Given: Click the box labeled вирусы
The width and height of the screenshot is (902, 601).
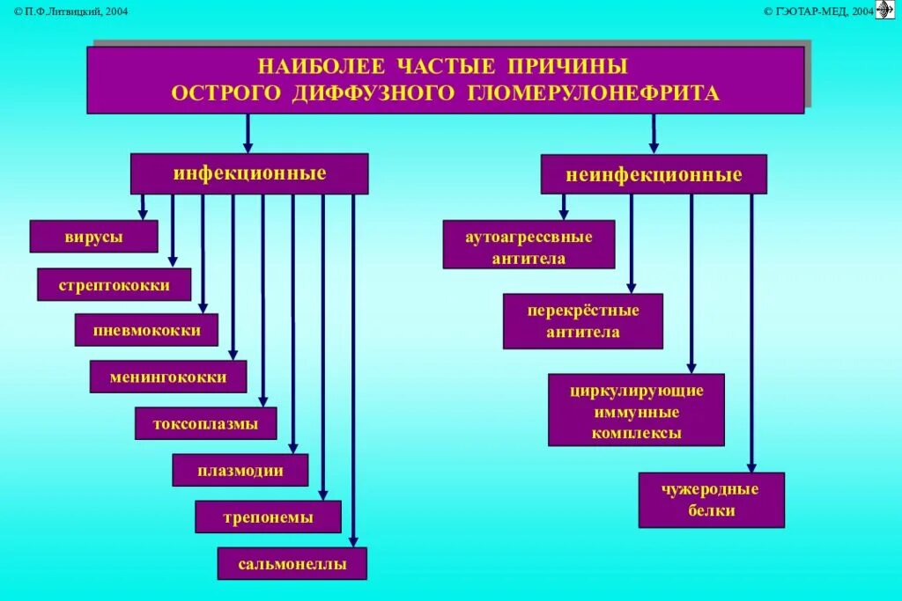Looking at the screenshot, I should [93, 237].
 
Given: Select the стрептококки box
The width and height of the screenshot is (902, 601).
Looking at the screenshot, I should [114, 285].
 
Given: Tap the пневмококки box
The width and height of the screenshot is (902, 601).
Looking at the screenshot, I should [146, 330].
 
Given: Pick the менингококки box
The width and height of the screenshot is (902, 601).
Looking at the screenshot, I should [167, 377].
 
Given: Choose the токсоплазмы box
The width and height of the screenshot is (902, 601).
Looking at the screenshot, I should [205, 423].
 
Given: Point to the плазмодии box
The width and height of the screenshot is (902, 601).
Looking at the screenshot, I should [240, 470].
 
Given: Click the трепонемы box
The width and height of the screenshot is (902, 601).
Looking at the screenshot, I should [268, 517].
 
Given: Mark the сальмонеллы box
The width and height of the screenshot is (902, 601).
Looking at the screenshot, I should [292, 563].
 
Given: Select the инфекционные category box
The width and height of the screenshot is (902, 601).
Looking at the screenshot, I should [249, 173].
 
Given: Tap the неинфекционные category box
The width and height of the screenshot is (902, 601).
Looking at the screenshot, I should [653, 174].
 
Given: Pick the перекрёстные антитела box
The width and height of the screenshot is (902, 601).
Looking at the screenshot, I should [582, 321].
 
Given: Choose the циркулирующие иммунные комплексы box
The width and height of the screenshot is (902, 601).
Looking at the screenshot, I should [636, 410].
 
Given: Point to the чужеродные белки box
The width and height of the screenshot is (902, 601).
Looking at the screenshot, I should [711, 500].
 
